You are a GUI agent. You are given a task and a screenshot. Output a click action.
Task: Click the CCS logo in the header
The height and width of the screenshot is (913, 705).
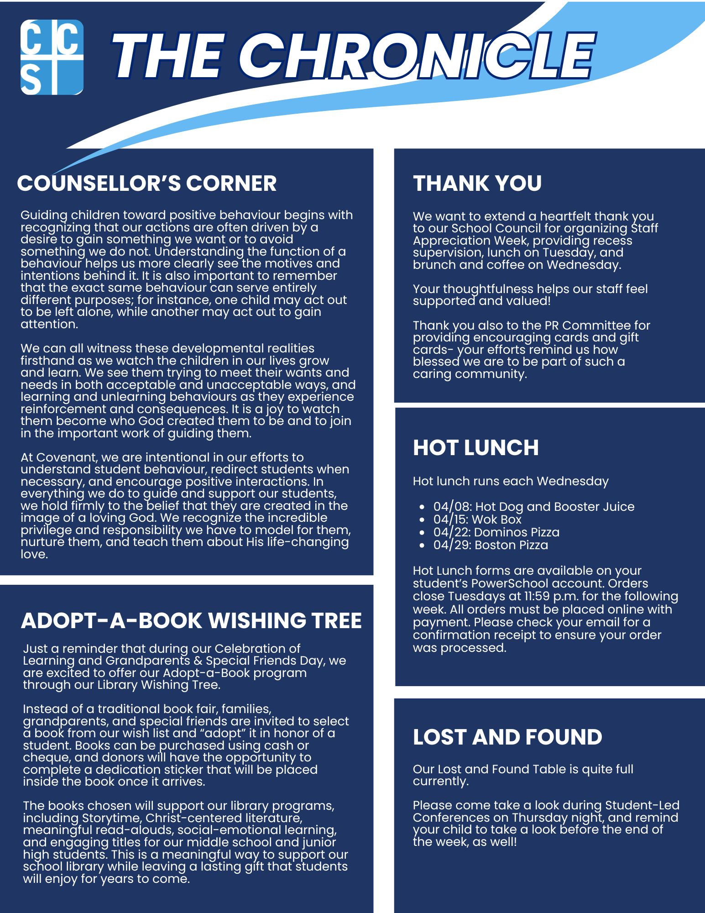point(52,57)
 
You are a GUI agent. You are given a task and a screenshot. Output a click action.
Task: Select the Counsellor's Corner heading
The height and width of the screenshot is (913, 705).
point(146,183)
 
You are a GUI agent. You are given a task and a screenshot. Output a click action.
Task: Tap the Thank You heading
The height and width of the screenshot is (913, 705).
point(477,183)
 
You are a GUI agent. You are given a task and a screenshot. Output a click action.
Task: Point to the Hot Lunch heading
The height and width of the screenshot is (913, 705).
point(475,447)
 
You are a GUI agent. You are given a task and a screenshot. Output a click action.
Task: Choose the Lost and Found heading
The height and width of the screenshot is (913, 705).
point(507,737)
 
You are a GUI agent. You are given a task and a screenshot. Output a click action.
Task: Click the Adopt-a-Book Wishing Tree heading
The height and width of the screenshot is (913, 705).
point(191,620)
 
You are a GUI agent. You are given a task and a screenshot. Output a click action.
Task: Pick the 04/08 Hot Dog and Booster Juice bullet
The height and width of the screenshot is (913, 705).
point(533,507)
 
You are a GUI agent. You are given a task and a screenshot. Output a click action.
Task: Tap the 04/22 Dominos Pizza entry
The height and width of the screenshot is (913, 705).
point(496,532)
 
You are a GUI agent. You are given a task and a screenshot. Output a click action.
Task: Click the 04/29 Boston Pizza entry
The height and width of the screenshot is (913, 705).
point(491,545)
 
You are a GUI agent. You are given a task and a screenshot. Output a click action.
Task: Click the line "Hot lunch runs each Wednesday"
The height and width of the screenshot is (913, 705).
point(511,481)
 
